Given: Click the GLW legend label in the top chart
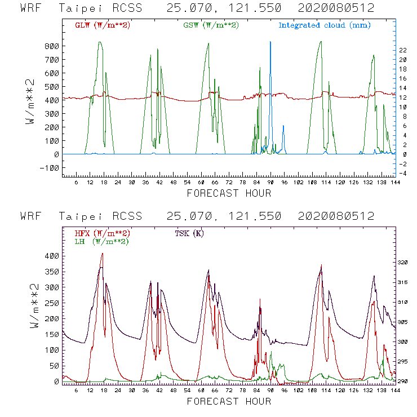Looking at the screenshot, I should (x=103, y=25).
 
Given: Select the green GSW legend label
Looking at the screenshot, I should (x=211, y=25).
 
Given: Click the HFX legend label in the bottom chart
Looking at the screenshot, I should (x=103, y=233).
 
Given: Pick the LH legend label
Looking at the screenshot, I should (x=101, y=241).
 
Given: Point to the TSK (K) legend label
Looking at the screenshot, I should (x=189, y=233).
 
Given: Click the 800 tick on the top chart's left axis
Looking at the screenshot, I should (x=52, y=46).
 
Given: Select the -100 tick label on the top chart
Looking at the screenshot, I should (x=50, y=168).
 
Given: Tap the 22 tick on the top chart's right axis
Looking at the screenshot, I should (x=403, y=50).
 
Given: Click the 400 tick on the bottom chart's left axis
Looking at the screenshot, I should (x=52, y=256).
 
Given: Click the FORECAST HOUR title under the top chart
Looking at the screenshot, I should (x=228, y=193).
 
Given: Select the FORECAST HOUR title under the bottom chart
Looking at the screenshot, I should (x=228, y=402).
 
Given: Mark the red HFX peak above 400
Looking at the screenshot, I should (x=102, y=254).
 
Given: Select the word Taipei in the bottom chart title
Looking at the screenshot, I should (x=79, y=216).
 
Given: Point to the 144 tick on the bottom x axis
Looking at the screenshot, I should (x=393, y=391).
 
